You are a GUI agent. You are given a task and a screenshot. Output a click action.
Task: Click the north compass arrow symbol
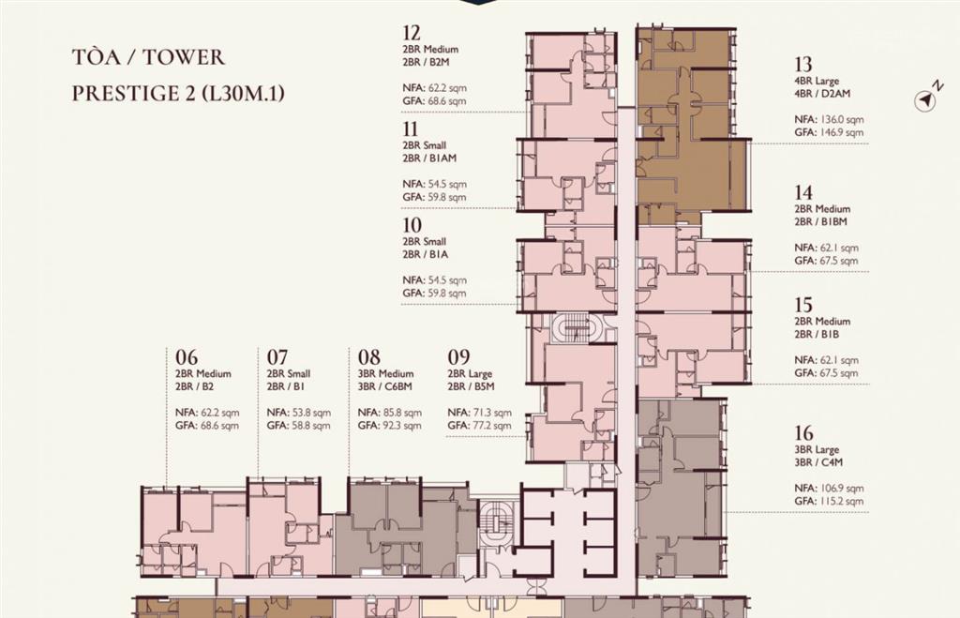[925, 99]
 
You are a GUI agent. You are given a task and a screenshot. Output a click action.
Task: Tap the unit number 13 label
[803, 65]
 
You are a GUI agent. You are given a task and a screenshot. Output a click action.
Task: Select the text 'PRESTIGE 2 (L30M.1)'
[178, 93]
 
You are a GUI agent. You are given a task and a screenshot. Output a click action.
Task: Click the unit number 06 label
[187, 356]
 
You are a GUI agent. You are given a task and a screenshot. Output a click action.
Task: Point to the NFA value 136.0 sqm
[840, 119]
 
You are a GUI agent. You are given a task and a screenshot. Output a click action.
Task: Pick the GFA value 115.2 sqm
[840, 501]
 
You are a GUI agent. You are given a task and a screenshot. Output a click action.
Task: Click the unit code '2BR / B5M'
[471, 387]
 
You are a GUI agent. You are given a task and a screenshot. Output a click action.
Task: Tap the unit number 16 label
[803, 433]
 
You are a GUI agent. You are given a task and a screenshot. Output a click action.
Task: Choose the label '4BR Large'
[817, 81]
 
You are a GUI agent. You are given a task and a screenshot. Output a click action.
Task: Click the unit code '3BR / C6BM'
[385, 387]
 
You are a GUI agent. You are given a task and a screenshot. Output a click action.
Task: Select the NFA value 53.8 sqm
[311, 413]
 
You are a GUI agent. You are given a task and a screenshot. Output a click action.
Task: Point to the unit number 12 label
[412, 33]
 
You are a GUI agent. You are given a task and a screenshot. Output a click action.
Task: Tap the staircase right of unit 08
[496, 522]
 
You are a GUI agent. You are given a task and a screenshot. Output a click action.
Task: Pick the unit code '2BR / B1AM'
[429, 158]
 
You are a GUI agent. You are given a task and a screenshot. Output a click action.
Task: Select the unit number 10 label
[412, 225]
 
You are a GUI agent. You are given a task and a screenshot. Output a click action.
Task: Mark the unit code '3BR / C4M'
[818, 462]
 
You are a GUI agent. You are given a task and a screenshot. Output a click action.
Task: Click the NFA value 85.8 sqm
[401, 413]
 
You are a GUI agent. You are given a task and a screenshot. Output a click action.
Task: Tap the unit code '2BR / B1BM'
[821, 221]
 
